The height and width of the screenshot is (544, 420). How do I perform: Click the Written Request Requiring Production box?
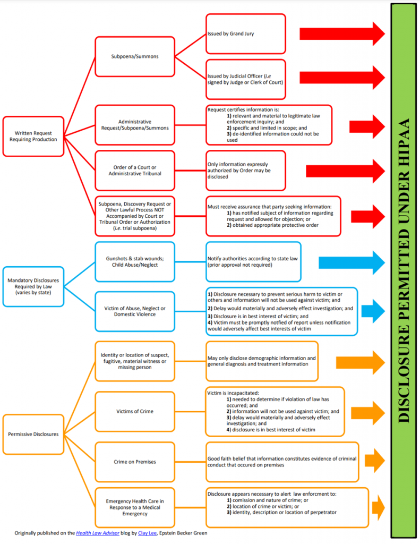(33, 135)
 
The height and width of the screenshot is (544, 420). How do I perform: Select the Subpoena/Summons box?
(135, 56)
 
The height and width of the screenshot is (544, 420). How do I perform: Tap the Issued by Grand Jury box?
(245, 34)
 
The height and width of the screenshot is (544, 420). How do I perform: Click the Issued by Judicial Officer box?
(245, 78)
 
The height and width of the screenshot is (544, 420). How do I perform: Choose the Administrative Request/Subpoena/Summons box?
(135, 125)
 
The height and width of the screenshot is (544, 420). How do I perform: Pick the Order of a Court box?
(135, 170)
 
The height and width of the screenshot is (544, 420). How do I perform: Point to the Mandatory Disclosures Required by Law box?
(33, 286)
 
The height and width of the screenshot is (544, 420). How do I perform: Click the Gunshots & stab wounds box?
(135, 261)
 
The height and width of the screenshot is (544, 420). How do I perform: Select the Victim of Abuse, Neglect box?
(135, 311)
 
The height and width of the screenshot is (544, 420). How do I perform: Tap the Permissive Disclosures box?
(33, 434)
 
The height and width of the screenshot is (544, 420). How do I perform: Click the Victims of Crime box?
(135, 411)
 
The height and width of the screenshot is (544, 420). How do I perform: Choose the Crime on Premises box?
(135, 462)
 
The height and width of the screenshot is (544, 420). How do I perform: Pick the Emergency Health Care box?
(135, 507)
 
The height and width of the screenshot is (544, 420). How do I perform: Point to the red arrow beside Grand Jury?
(342, 34)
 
